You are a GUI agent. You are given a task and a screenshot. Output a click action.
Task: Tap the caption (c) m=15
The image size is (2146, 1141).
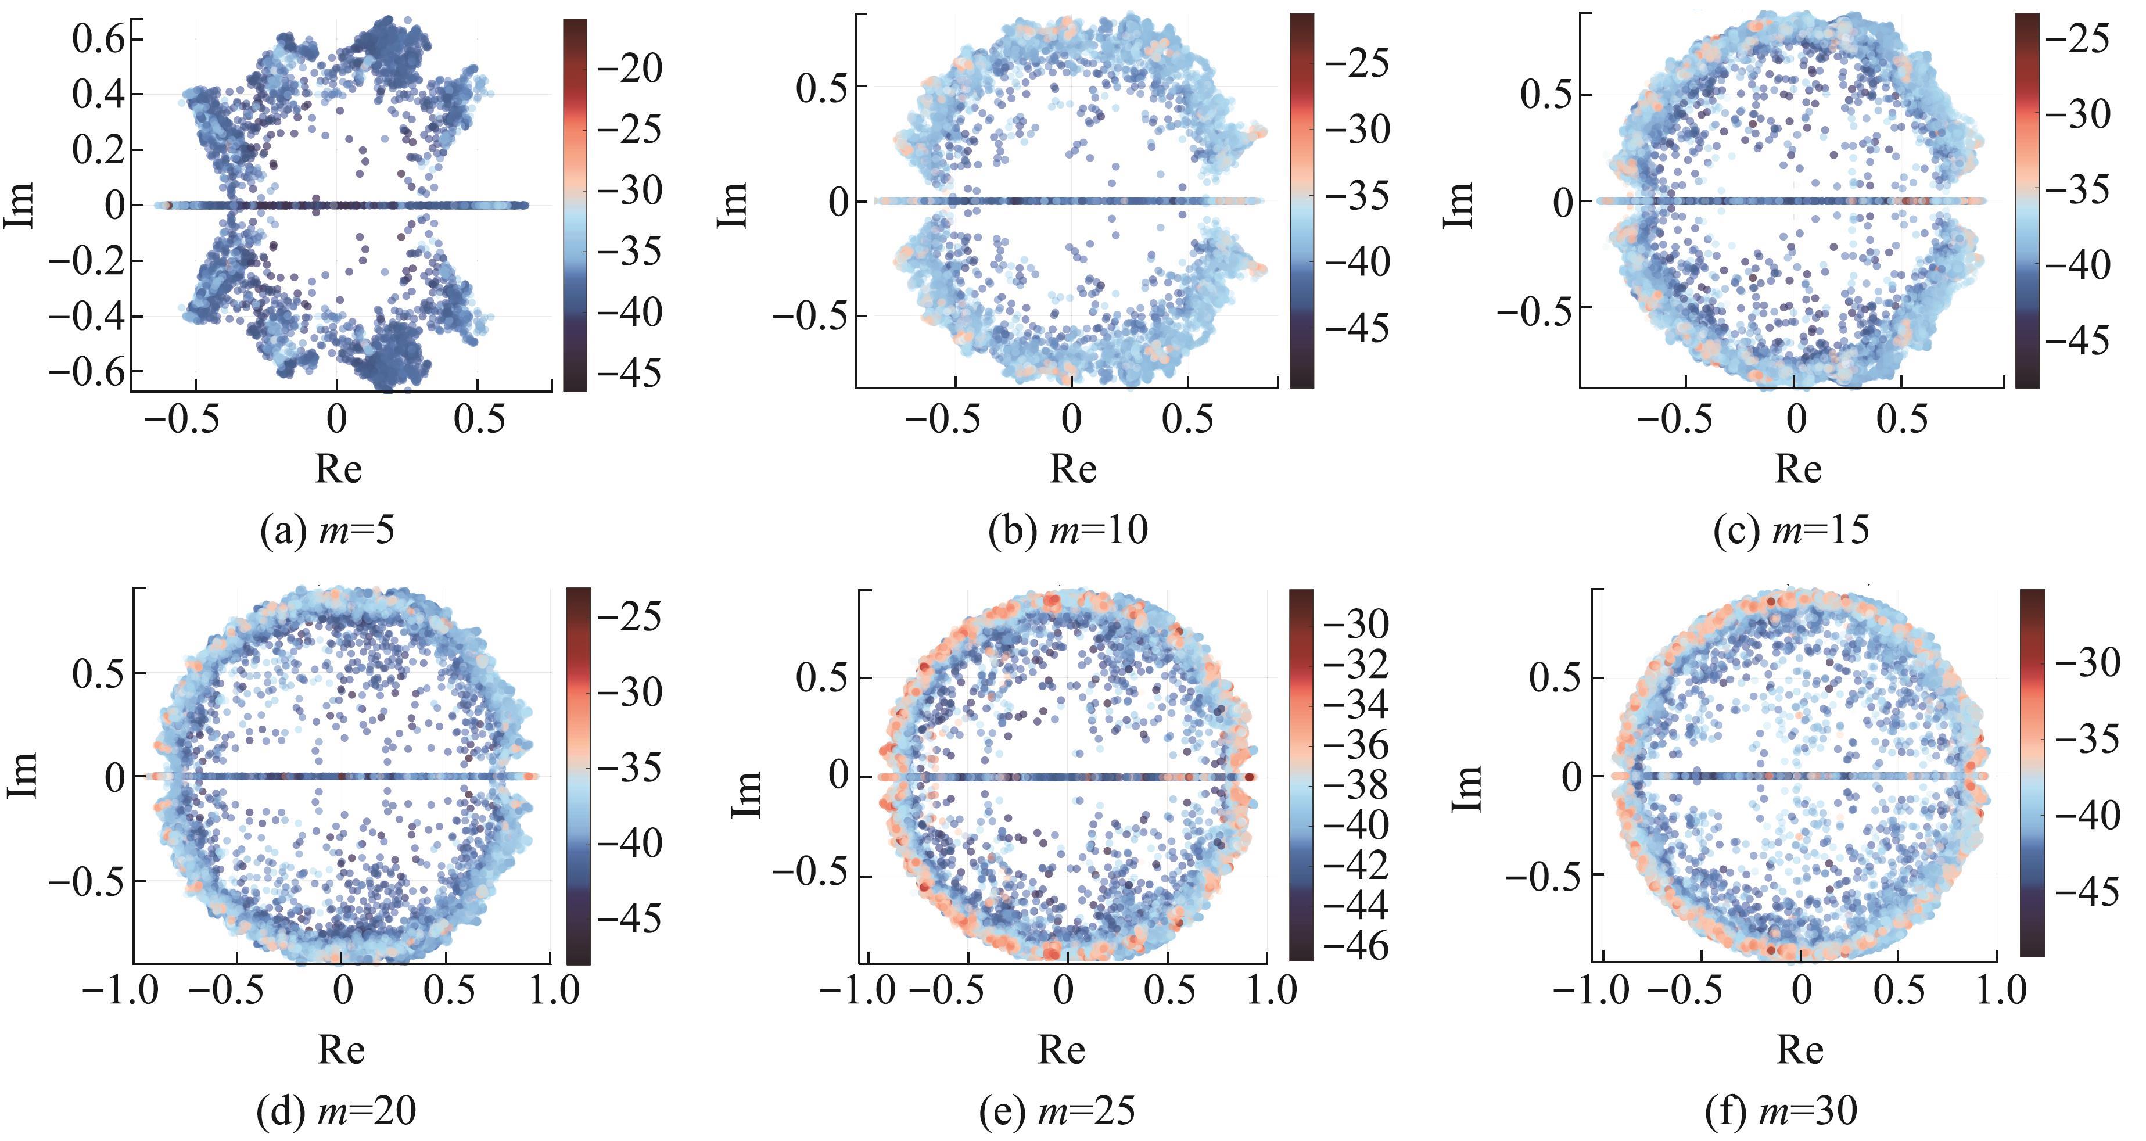(1791, 530)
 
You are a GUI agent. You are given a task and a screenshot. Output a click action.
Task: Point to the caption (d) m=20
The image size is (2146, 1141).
(336, 1110)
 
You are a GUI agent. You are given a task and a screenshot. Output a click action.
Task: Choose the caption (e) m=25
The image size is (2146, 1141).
(1060, 1110)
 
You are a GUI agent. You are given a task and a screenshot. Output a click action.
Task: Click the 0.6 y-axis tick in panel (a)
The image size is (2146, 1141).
(98, 38)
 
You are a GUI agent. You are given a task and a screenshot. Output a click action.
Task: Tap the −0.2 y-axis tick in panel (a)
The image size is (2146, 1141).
(87, 261)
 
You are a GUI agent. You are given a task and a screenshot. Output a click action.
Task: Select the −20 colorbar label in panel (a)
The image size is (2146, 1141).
(630, 69)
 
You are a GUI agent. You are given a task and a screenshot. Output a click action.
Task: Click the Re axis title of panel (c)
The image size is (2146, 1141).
(1798, 469)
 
